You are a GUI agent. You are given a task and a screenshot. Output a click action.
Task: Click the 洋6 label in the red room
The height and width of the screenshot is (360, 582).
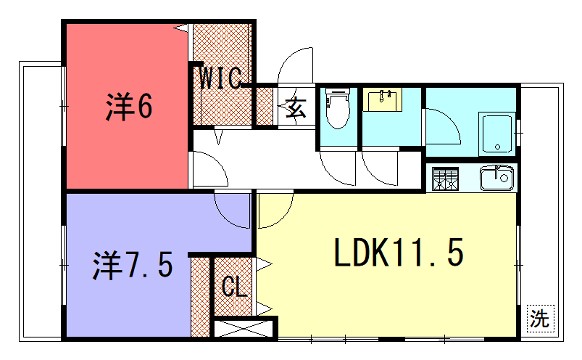coord(129,105)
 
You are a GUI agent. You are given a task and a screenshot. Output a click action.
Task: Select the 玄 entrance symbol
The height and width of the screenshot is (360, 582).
coord(297,104)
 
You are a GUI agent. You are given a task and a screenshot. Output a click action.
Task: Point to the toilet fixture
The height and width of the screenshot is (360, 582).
coord(337,109)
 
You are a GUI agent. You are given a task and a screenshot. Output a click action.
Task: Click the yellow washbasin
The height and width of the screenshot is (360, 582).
coord(382,101)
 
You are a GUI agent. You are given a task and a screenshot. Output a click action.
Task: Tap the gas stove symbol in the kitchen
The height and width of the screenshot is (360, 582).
coord(445,181)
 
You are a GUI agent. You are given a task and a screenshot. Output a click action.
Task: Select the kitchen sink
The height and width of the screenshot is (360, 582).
coord(494,179)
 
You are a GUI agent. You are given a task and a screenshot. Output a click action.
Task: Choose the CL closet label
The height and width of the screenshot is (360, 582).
coord(233,288)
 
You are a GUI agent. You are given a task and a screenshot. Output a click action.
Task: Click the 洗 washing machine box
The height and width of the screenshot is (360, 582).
coord(540,320)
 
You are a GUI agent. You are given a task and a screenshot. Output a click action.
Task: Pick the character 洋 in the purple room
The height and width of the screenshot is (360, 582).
coord(108,265)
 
